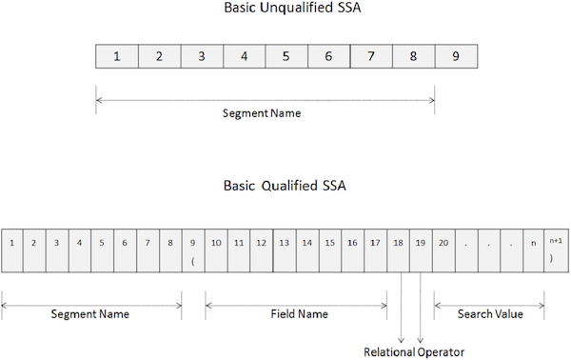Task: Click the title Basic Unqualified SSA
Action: click(285, 10)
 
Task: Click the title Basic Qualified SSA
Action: click(285, 185)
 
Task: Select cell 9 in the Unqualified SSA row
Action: click(456, 55)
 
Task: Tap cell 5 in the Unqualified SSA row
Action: click(286, 55)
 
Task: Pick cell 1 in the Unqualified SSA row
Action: click(117, 55)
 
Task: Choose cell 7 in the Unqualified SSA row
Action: click(371, 55)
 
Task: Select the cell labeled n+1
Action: click(556, 249)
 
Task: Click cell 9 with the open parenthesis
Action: click(192, 249)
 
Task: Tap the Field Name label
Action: click(295, 313)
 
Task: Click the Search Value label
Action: click(489, 313)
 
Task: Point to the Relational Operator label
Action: click(414, 352)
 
